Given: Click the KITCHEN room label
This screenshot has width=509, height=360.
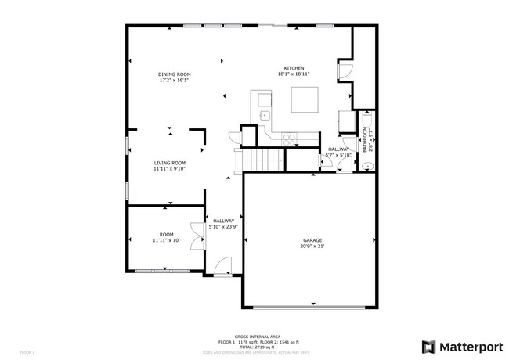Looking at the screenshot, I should click(294, 68).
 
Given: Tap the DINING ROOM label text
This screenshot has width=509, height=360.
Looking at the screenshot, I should click(174, 74).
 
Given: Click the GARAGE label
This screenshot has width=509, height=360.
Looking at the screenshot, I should click(312, 240).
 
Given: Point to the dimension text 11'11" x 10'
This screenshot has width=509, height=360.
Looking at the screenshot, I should click(166, 240).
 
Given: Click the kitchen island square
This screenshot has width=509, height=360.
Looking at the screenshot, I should click(306, 100).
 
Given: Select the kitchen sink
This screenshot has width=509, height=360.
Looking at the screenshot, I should click(265, 116).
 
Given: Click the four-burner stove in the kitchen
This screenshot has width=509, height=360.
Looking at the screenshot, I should click(289, 139).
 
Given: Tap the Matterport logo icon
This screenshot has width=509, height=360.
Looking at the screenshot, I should click(429, 346).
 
